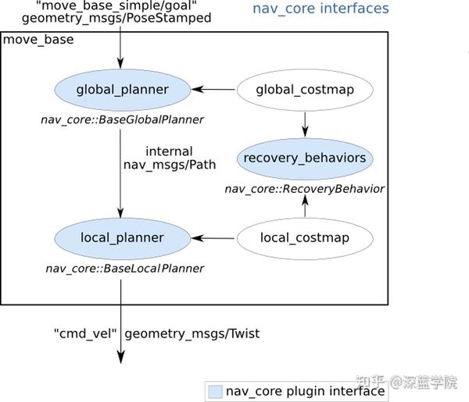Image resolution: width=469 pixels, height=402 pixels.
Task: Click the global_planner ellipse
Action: (x=122, y=90)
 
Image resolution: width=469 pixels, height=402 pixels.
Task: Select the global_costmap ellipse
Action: (x=305, y=90)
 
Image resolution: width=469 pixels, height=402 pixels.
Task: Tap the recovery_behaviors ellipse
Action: (x=305, y=158)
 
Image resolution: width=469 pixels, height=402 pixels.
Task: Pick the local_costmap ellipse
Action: (x=305, y=237)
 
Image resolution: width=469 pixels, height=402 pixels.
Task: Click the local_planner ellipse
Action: (x=122, y=237)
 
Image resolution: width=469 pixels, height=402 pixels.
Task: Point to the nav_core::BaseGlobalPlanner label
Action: (x=122, y=119)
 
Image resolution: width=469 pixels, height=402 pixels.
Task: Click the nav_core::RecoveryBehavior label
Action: (x=305, y=188)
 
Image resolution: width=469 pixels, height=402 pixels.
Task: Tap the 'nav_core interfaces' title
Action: (x=320, y=9)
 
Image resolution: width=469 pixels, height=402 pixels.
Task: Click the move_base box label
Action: (x=39, y=39)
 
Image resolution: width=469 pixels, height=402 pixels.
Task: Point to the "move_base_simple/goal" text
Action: (x=117, y=5)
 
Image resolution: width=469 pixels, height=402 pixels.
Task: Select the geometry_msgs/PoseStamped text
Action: (x=117, y=18)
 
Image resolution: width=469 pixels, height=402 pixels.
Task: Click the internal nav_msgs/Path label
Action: (x=169, y=158)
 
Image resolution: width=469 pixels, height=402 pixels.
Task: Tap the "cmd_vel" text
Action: (x=86, y=333)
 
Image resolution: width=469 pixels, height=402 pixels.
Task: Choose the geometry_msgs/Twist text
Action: (x=192, y=333)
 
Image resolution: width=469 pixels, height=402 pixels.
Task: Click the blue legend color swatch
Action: (x=215, y=390)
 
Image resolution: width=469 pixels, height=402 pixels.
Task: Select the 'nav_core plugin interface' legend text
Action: (x=305, y=390)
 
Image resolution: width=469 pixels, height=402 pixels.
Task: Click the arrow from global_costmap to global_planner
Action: (x=213, y=90)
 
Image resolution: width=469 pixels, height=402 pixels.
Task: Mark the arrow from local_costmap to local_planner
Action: (x=213, y=237)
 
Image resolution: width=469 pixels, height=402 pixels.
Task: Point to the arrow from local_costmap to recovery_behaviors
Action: (x=305, y=205)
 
